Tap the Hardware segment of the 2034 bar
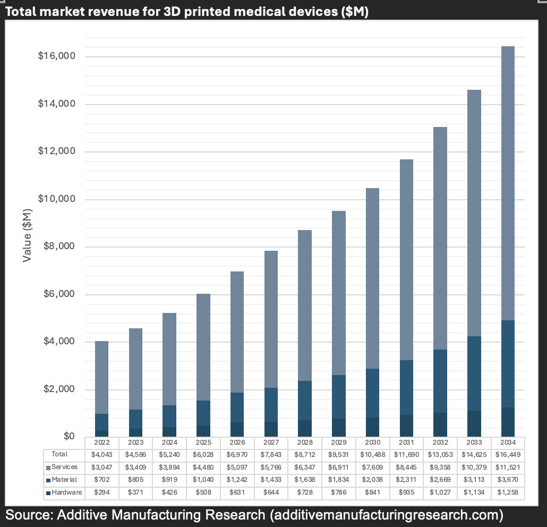tap(508, 422)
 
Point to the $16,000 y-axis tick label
tap(56, 56)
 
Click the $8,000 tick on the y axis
tap(58, 246)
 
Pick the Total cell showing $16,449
tap(507, 454)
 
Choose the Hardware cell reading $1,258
tap(507, 492)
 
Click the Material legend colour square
tap(48, 480)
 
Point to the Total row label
tap(59, 454)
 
